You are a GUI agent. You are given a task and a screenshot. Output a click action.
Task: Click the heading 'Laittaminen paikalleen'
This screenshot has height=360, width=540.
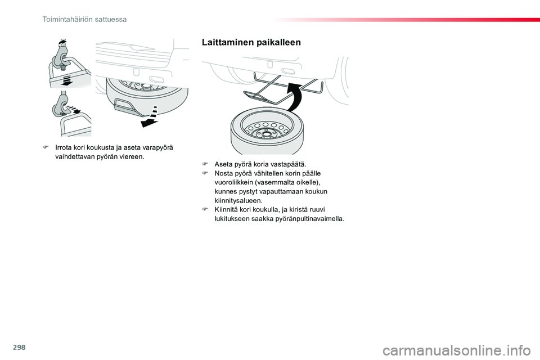click(x=251, y=42)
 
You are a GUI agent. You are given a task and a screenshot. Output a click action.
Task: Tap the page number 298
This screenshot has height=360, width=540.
click(x=19, y=347)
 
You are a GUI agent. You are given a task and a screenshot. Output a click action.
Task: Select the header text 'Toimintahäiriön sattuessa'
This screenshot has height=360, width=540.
click(x=84, y=19)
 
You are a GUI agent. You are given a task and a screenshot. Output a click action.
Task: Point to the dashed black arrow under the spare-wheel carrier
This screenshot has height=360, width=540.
click(x=151, y=117)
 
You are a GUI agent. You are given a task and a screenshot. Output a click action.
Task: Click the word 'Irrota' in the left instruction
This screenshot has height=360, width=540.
click(x=64, y=148)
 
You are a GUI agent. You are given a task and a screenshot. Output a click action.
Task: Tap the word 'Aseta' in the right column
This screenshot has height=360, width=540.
click(x=223, y=164)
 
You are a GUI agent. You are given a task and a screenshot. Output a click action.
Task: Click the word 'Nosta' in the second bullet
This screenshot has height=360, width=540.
click(x=223, y=173)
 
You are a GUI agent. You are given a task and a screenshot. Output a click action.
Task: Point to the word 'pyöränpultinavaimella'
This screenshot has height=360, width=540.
click(x=310, y=219)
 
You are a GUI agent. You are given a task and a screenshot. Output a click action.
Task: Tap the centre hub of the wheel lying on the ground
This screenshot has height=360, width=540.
click(x=265, y=134)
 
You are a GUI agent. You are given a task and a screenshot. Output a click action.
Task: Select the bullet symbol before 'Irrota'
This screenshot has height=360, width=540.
click(x=45, y=148)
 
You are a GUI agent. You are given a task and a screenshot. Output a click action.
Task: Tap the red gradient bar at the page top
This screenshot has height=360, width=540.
click(x=406, y=20)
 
